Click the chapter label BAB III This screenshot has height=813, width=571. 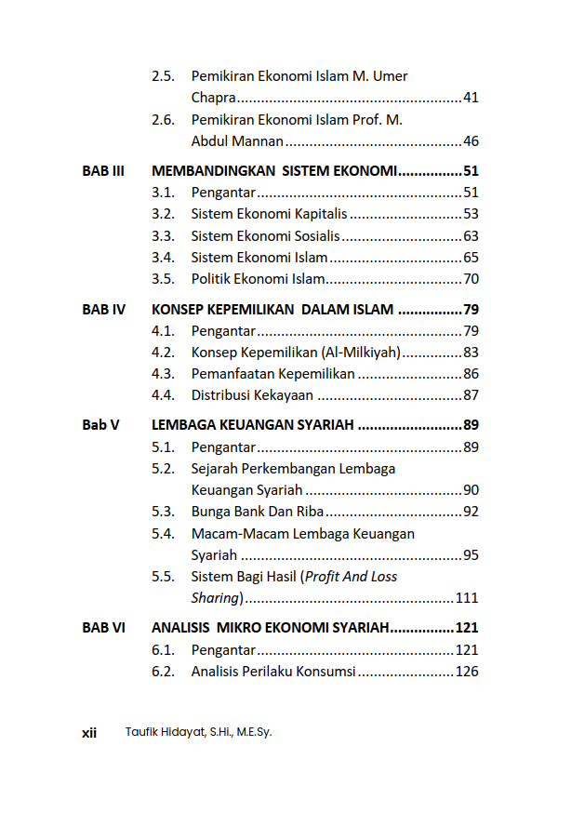(103, 171)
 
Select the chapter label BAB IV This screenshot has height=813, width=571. (103, 310)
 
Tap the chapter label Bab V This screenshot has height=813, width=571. (100, 426)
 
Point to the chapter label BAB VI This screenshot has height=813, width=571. (103, 628)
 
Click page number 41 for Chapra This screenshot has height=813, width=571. (471, 98)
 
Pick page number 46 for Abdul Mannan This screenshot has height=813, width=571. (471, 141)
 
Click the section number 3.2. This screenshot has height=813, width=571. (163, 214)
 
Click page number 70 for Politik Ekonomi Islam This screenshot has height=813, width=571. (471, 279)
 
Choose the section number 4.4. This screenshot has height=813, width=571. (163, 395)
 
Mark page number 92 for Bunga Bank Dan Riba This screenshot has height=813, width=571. (471, 512)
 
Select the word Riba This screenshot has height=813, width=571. (311, 512)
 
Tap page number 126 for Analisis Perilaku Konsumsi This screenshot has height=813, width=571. (467, 672)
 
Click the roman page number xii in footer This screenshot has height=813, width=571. (89, 733)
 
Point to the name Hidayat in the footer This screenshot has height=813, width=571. (182, 732)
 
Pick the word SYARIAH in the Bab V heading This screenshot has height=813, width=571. (325, 426)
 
